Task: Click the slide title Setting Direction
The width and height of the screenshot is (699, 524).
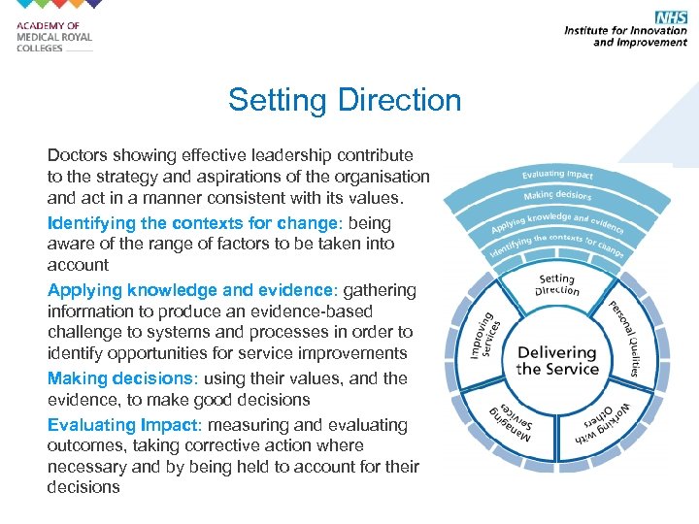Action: [345, 100]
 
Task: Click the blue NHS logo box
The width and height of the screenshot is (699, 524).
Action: [671, 17]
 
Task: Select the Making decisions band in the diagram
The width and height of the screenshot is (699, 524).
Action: [557, 196]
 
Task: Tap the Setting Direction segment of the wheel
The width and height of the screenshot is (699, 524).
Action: [557, 285]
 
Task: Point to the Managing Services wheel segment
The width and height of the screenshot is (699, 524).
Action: [515, 415]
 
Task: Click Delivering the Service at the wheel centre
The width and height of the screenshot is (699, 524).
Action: [556, 360]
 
